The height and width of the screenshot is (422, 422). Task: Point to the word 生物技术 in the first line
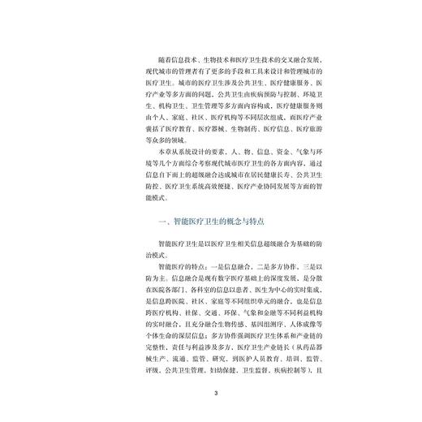click(x=213, y=60)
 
